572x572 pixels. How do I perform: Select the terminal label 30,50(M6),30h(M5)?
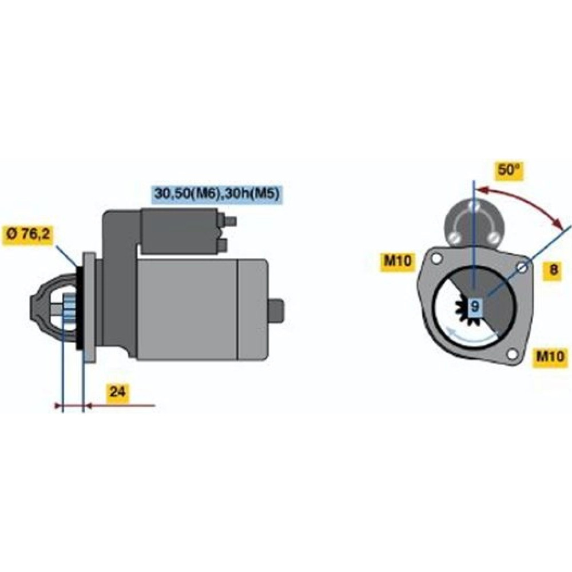(x=217, y=193)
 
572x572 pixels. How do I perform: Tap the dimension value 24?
(x=117, y=392)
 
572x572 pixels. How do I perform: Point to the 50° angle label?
(x=509, y=170)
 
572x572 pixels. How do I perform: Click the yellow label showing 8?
(x=553, y=269)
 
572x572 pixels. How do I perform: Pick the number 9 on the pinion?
(x=474, y=306)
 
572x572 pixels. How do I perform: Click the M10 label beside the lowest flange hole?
(x=550, y=355)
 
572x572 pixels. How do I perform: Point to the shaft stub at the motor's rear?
(x=276, y=310)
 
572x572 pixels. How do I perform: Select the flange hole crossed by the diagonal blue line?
(x=522, y=268)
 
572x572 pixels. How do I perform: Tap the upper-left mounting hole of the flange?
(x=436, y=259)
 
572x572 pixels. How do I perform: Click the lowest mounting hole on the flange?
(x=512, y=354)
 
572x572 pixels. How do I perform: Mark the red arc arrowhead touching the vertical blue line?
(x=482, y=190)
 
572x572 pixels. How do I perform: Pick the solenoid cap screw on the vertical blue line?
(x=474, y=206)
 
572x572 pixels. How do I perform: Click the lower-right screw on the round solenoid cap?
(x=494, y=238)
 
